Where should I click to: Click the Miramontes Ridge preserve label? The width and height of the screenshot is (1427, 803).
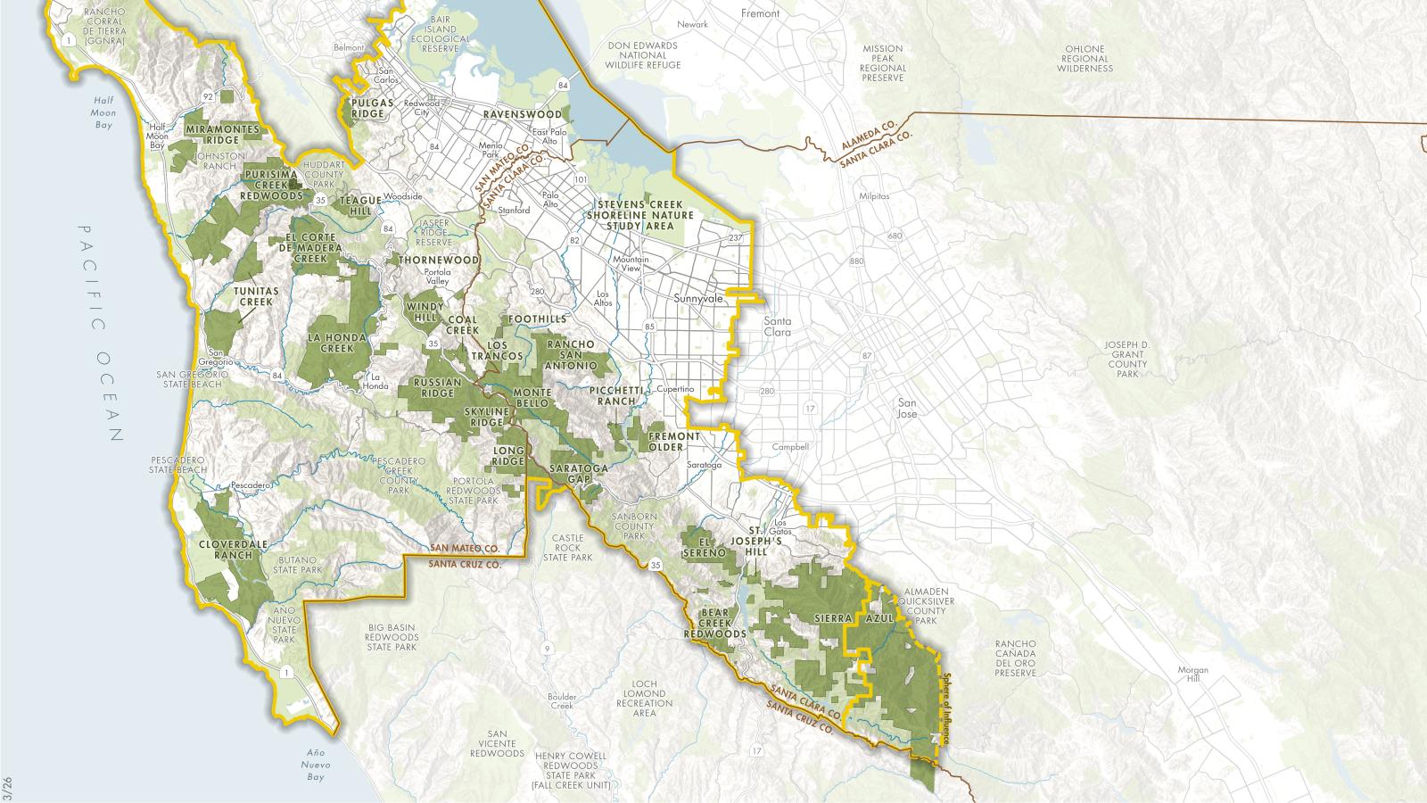223,135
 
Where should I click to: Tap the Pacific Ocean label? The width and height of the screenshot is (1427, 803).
101,332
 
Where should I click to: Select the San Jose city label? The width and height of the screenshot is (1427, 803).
906,408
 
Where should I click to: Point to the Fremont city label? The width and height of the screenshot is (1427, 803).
760,13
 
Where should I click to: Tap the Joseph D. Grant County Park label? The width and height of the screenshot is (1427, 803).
1127,359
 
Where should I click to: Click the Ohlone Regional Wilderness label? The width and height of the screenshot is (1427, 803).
1085,59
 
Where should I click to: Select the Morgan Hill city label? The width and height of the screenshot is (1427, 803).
1192,675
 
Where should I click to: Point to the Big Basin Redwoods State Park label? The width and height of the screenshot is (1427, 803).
392,637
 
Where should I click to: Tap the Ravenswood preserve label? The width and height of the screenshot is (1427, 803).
523,115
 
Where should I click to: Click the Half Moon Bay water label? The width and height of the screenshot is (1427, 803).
104,113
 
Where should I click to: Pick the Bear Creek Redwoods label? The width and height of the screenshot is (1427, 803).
714,623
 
